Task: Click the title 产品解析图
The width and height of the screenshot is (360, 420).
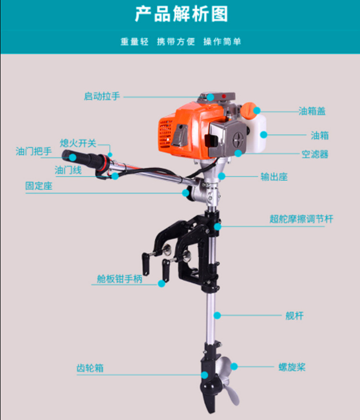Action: point(180,14)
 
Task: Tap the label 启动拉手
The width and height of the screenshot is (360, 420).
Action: point(101,96)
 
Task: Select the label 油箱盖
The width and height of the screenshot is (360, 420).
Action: point(312,111)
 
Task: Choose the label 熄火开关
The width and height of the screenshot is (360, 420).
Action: point(78,143)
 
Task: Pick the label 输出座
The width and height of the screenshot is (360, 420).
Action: point(274,176)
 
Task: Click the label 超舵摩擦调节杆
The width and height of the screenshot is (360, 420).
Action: point(301,220)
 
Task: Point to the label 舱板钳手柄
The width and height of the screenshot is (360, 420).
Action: point(120,279)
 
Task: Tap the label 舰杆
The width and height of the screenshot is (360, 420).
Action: point(294,316)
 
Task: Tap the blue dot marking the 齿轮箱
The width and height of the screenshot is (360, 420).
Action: point(204,375)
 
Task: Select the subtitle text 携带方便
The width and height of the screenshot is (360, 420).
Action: point(176,42)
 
